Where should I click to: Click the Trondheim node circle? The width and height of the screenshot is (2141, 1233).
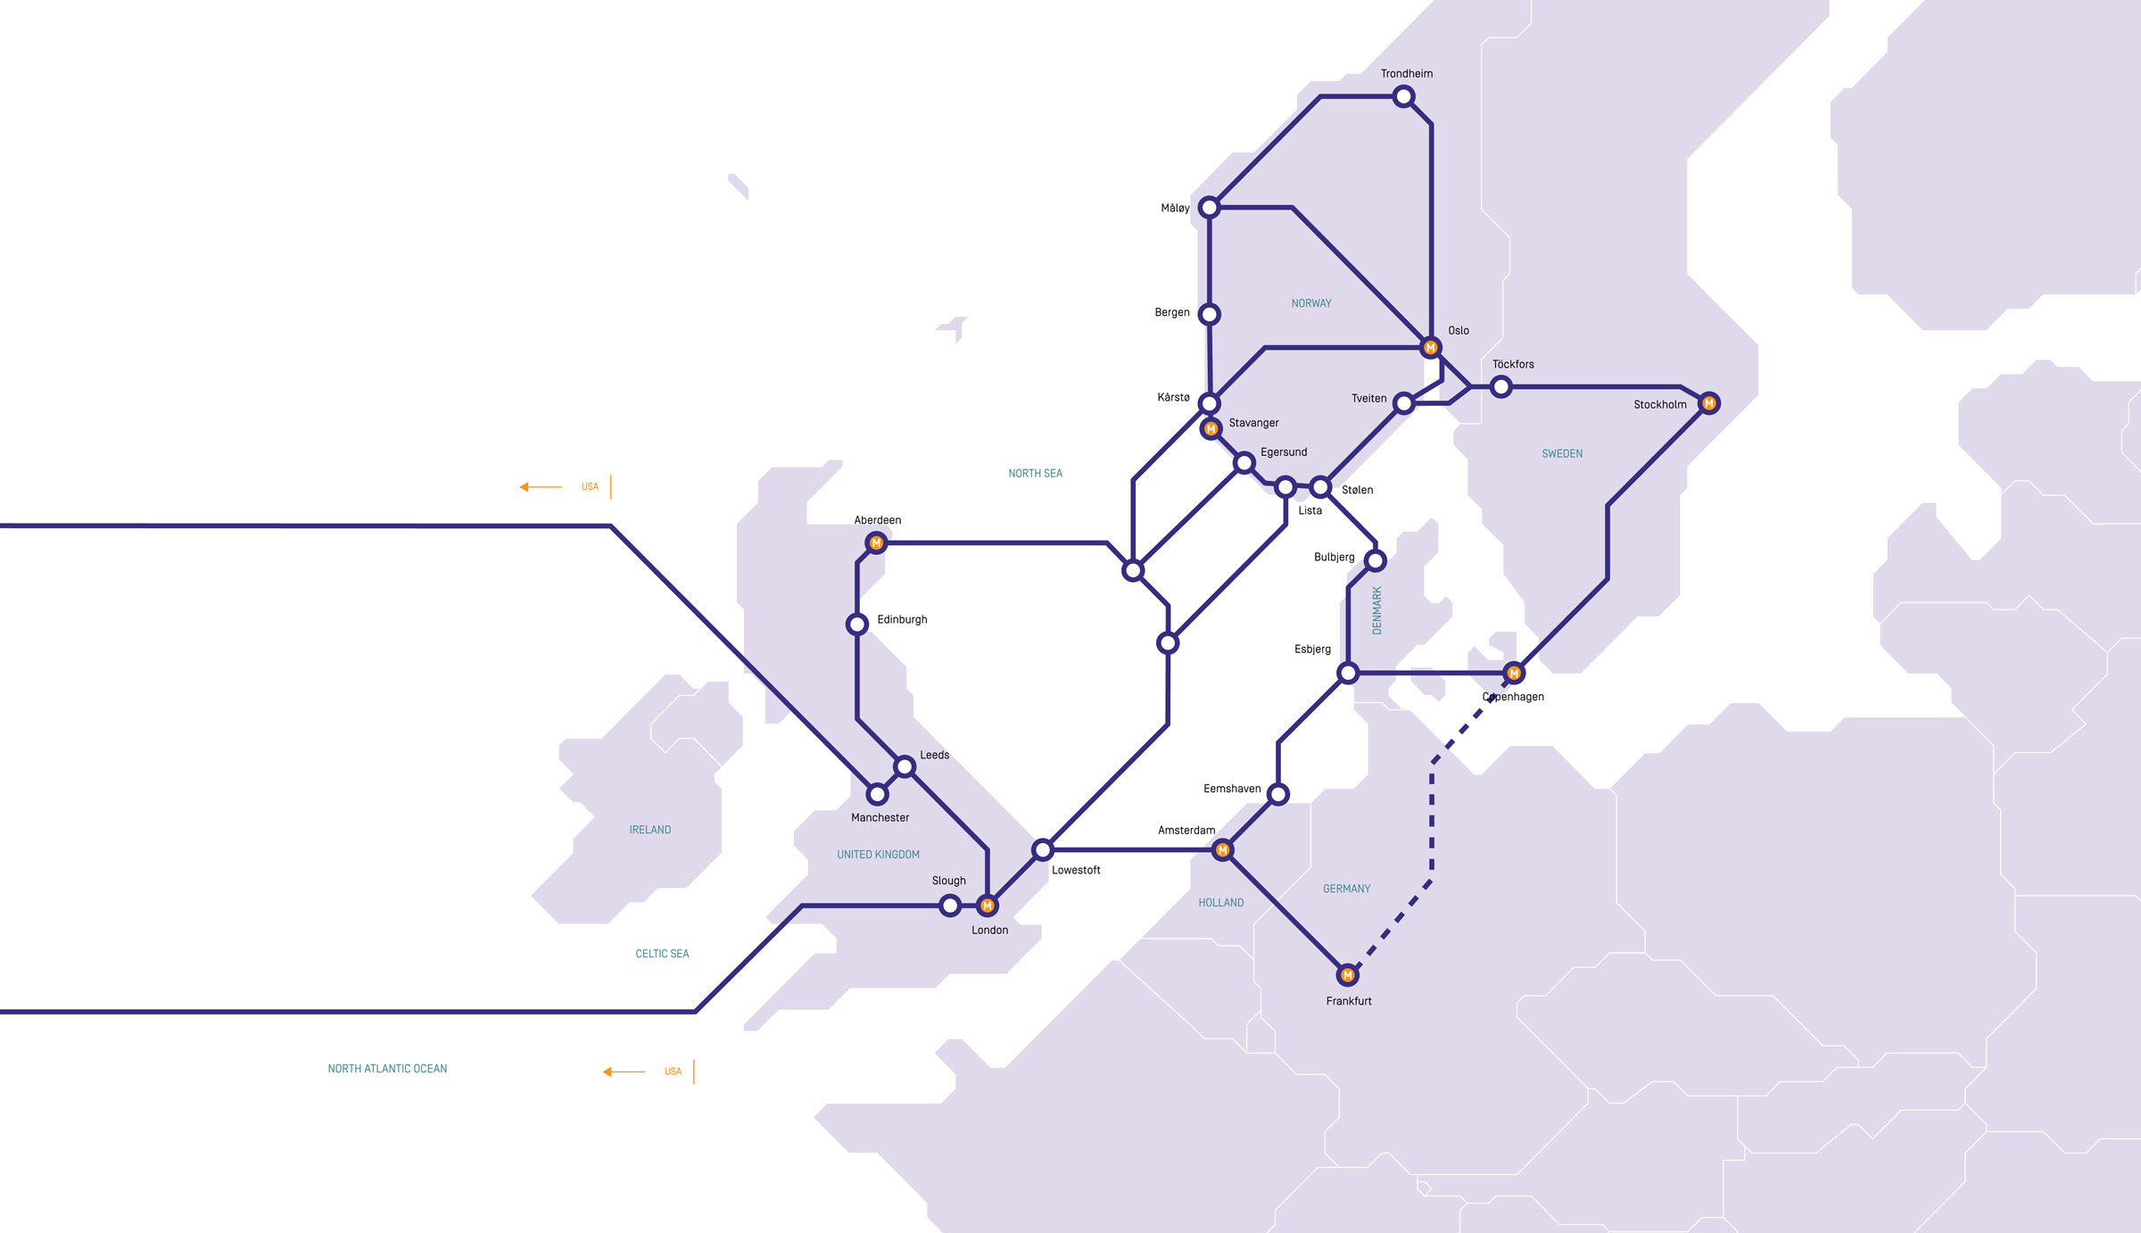(1403, 96)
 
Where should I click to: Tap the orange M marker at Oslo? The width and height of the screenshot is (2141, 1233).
(1430, 347)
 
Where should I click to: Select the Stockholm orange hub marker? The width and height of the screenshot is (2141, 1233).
(1708, 403)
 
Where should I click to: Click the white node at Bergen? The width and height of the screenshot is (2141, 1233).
(1210, 314)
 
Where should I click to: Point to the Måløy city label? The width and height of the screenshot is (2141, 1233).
(1175, 208)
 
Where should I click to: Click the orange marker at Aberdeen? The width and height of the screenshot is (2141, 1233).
(876, 542)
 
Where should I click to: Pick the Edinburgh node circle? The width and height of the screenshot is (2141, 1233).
(857, 624)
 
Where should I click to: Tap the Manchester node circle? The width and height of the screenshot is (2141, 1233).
(878, 794)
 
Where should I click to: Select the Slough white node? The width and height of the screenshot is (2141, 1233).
(950, 906)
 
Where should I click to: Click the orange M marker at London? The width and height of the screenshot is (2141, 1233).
(987, 906)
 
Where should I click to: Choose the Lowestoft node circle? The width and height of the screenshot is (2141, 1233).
(1042, 849)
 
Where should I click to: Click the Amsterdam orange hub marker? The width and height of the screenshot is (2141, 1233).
(1222, 850)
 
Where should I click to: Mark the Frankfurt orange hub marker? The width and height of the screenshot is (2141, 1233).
(1347, 975)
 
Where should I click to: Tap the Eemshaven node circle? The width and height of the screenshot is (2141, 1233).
(1278, 794)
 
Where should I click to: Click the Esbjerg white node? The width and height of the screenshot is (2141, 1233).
(1348, 673)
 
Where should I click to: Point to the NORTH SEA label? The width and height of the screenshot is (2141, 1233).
(1035, 474)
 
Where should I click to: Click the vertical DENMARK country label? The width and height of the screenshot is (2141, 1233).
(1376, 610)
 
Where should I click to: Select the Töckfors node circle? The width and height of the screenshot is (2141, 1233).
(1501, 386)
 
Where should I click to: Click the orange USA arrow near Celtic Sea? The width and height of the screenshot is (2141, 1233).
(624, 1072)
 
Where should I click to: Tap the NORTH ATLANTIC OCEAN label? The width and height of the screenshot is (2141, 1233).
(387, 1069)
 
